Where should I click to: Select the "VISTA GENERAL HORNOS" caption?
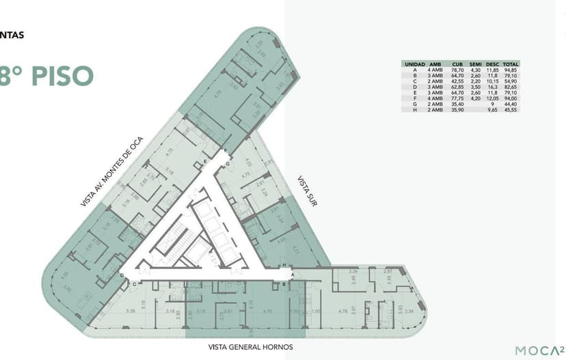point(250,347)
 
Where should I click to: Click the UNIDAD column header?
point(415,64)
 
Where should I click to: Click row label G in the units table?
point(415,104)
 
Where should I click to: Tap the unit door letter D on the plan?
point(122,275)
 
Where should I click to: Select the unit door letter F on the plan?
point(225,150)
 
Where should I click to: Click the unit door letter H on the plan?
point(284,264)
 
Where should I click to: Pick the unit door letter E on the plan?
point(204,162)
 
